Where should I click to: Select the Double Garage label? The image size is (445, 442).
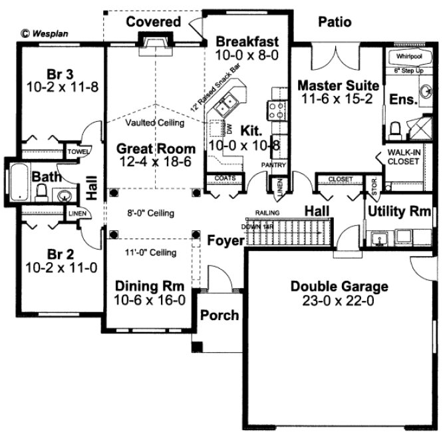pyautogui.click(x=339, y=287)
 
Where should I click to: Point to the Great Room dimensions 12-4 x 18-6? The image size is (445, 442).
pyautogui.click(x=156, y=160)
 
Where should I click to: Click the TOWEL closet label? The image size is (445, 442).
pyautogui.click(x=73, y=152)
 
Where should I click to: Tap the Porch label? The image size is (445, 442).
pyautogui.click(x=220, y=315)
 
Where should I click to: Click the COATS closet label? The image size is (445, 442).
pyautogui.click(x=221, y=178)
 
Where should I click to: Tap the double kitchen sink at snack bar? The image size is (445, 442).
pyautogui.click(x=229, y=103)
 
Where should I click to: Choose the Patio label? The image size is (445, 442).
pyautogui.click(x=335, y=22)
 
